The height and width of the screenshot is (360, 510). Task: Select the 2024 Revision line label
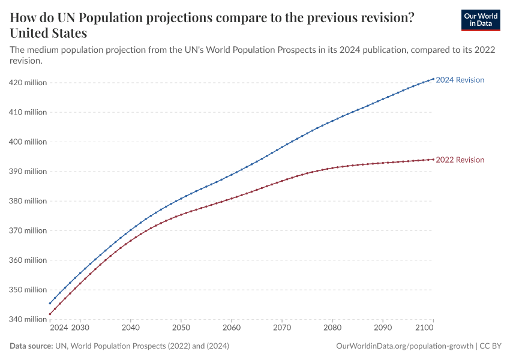click(460, 80)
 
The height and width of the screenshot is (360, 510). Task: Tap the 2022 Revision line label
click(460, 160)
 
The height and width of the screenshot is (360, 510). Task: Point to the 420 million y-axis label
click(27, 83)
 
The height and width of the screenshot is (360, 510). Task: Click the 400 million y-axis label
click(27, 142)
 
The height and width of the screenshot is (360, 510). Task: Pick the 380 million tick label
click(27, 201)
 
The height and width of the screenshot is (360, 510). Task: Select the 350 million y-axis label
click(27, 290)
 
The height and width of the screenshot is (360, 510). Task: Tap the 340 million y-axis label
click(27, 319)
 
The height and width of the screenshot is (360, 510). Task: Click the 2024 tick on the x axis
click(59, 328)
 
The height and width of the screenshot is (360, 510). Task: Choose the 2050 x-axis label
click(181, 328)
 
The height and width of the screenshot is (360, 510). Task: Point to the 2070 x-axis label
click(282, 328)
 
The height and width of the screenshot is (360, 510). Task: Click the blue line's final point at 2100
click(433, 79)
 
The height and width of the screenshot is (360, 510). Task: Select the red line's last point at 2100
click(433, 159)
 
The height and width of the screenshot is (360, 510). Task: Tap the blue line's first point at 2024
click(50, 303)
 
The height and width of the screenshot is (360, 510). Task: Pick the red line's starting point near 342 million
click(50, 314)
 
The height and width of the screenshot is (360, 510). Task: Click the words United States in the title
click(49, 32)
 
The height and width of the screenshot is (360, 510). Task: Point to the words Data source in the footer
click(31, 346)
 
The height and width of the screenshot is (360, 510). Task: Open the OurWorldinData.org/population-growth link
click(404, 346)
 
